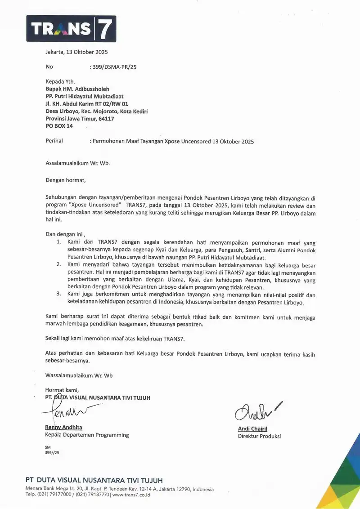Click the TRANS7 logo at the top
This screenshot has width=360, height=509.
[x=71, y=29]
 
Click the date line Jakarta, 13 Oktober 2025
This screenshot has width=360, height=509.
[x=76, y=52]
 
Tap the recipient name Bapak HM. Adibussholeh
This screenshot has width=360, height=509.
[x=77, y=89]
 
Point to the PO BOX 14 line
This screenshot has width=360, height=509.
[x=59, y=126]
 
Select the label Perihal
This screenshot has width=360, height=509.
[x=54, y=141]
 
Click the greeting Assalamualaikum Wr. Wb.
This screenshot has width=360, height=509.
[x=77, y=163]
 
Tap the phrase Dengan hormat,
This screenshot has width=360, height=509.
[x=65, y=180]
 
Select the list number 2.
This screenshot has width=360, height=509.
[x=58, y=264]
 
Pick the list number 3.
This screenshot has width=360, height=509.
[x=58, y=294]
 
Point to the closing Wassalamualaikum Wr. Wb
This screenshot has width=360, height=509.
[x=79, y=375]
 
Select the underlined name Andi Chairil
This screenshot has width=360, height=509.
[x=252, y=429]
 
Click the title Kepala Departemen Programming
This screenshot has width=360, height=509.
[x=87, y=435]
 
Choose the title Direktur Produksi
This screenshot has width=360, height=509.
[x=259, y=436]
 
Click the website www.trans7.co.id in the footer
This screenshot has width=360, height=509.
[x=131, y=495]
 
